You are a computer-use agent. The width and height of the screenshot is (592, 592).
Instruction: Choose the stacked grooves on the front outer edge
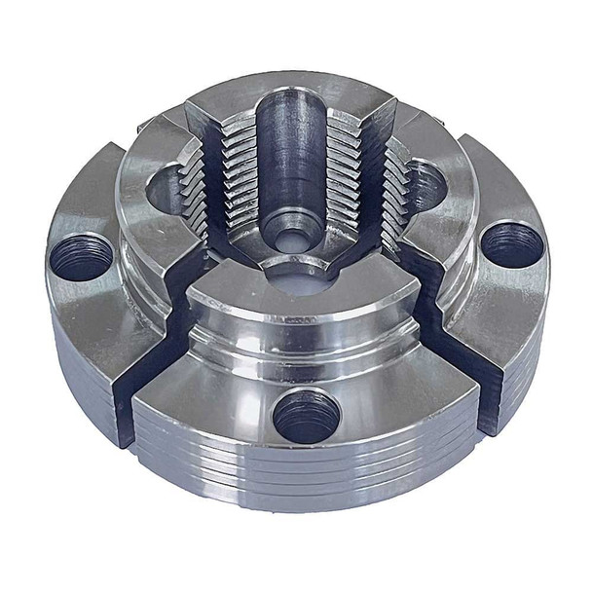click(321, 477)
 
